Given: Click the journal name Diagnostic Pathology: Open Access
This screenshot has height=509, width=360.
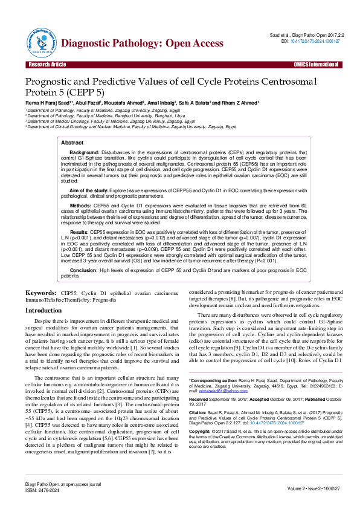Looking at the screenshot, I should pos(143,43).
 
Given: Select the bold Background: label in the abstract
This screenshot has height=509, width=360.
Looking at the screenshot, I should pos(84,152).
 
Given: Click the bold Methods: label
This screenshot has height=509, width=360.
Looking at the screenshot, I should pos(81,206).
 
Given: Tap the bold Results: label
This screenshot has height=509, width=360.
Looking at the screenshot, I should pos(80,232).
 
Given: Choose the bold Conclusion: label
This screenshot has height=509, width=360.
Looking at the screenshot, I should pos(85,270).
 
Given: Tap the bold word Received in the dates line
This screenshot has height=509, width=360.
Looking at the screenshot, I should pos(200,400).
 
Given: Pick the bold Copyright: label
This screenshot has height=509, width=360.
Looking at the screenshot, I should pos(201,430).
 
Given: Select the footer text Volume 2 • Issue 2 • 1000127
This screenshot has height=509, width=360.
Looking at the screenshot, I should pos(313,487).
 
